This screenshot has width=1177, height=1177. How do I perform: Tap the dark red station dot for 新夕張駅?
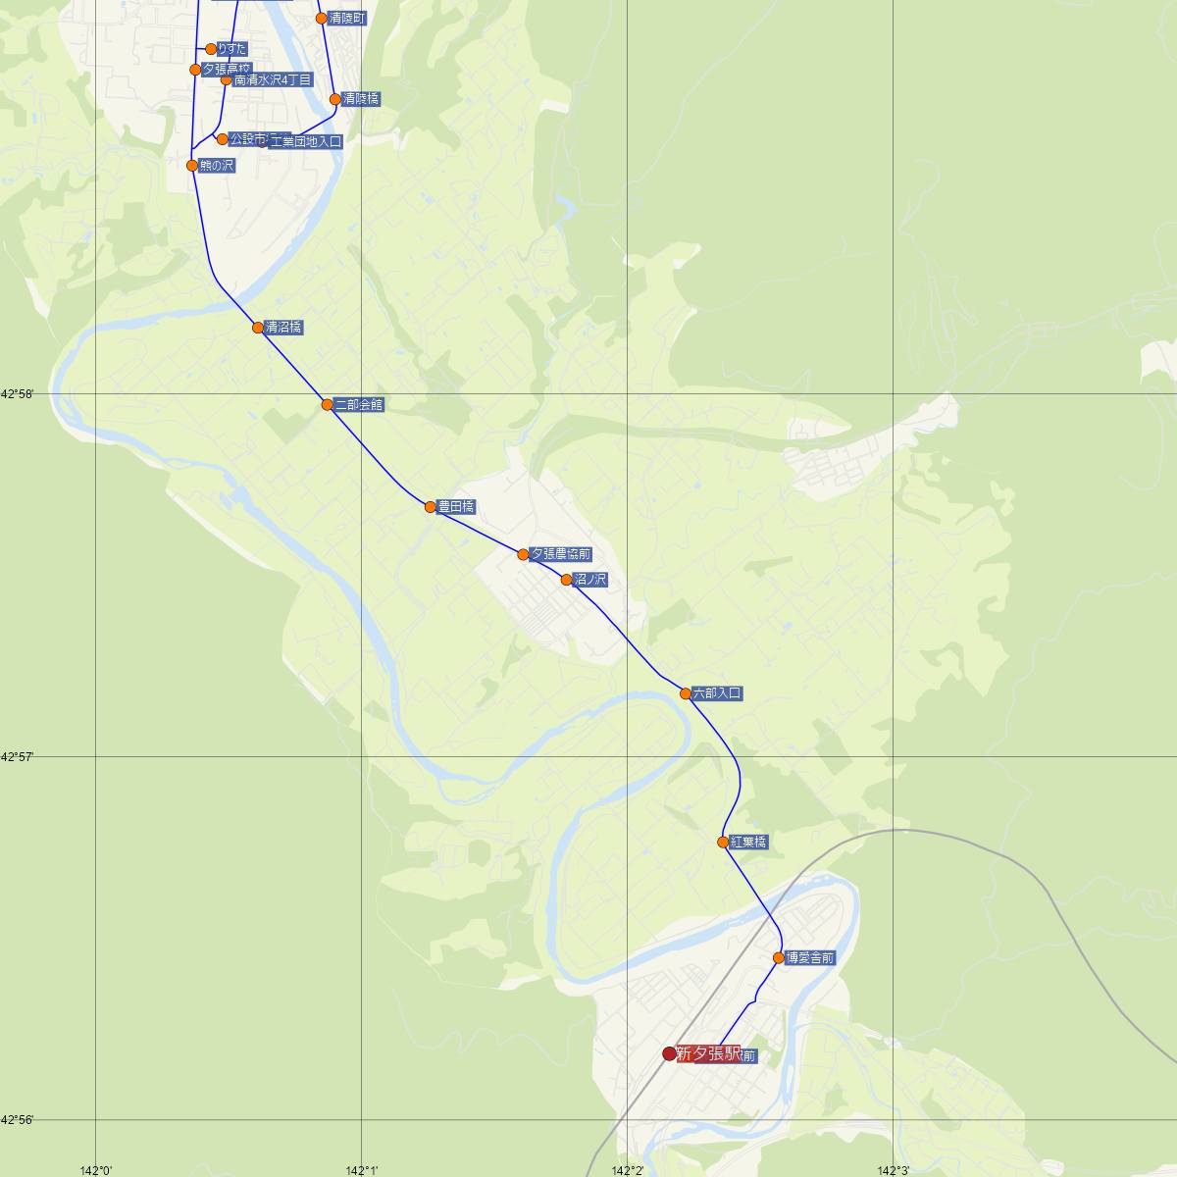tap(670, 1053)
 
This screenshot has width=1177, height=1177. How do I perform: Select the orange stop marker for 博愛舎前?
tap(779, 957)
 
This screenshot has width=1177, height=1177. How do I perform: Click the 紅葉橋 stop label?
tap(748, 842)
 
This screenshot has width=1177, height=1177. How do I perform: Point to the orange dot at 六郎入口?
tap(686, 693)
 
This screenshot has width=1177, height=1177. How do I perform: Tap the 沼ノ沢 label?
tap(590, 580)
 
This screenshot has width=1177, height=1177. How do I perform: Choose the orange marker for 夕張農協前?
tap(524, 554)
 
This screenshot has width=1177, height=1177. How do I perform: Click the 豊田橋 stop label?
tap(456, 507)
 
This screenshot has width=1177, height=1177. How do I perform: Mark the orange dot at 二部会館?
tap(328, 404)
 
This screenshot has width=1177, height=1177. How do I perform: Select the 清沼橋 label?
tap(283, 328)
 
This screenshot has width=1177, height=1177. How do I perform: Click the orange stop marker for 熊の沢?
tap(192, 166)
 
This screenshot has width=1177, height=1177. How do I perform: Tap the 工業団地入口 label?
tap(305, 142)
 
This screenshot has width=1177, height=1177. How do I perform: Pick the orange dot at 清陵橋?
tap(335, 99)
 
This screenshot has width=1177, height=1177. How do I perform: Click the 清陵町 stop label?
tap(346, 19)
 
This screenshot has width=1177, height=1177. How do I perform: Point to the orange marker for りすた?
tap(211, 49)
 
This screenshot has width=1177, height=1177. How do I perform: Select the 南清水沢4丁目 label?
tap(273, 79)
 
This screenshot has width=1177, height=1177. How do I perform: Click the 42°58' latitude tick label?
tap(18, 393)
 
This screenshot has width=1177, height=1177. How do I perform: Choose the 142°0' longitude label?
tap(97, 1170)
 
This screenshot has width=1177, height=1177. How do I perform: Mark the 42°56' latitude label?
tap(18, 1119)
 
